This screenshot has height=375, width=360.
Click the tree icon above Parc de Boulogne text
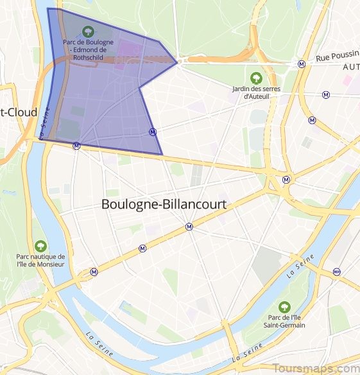pos(88,31)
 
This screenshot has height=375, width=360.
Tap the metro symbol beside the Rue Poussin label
pos(301,64)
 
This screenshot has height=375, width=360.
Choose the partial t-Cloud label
pos(19,111)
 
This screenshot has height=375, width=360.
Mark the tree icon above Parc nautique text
pos(40,245)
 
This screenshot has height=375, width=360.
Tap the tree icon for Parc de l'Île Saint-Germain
pos(284,306)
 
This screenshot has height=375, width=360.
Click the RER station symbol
pos(336,272)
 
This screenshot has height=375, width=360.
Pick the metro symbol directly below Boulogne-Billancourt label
pos(189,226)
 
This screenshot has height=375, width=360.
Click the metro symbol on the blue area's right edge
pos(152,132)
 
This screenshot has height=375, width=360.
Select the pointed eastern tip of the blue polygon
pos(177,62)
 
